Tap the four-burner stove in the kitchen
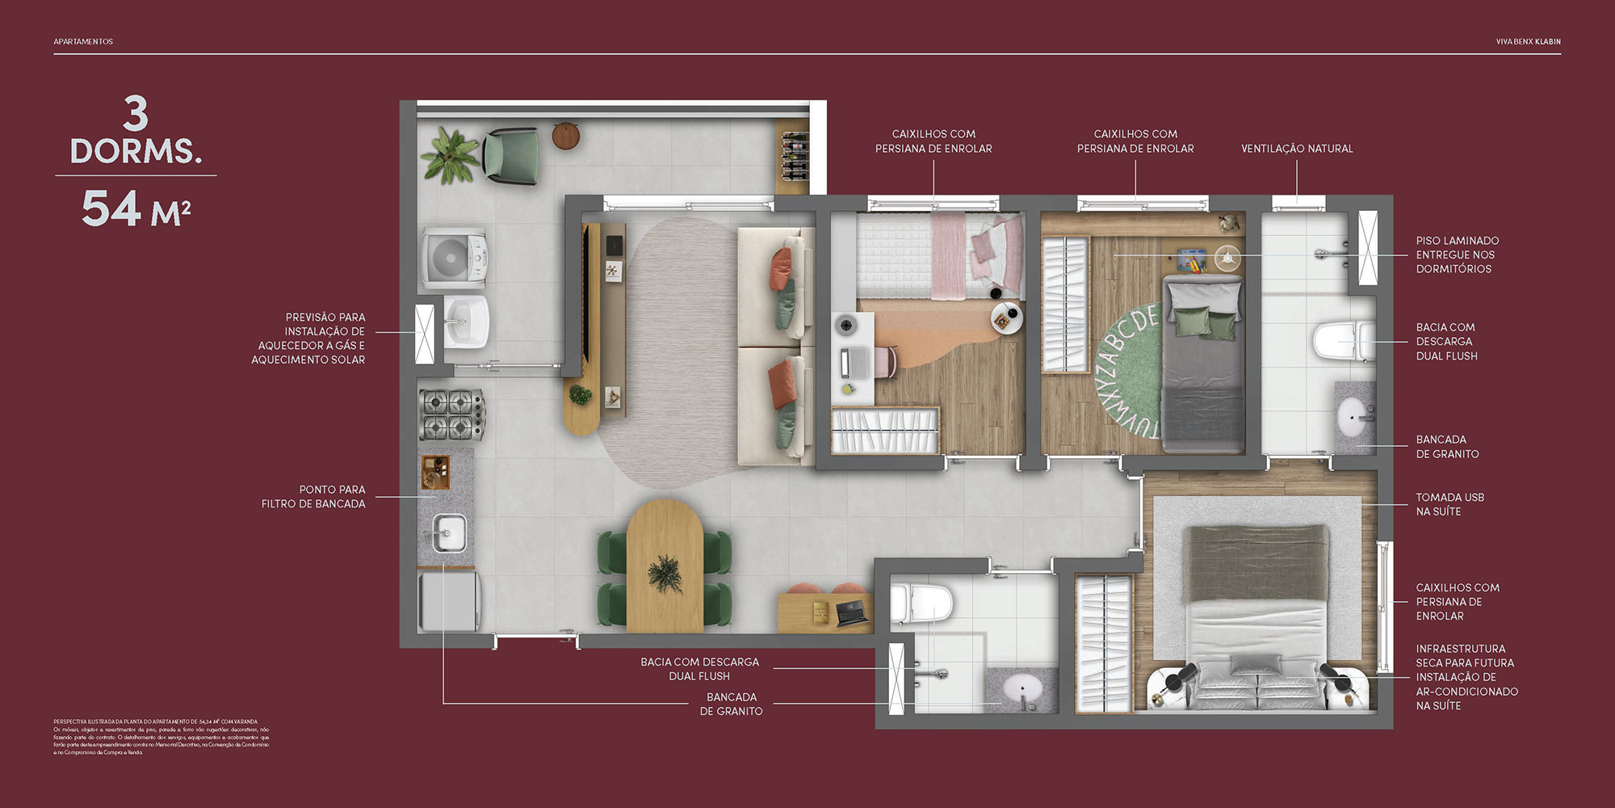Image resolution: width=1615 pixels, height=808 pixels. coord(451,415)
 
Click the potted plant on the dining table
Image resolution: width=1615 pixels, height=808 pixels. coord(665,573)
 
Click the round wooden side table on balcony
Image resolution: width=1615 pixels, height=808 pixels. coord(566,136)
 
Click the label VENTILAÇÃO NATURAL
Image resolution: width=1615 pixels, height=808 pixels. coord(1296,149)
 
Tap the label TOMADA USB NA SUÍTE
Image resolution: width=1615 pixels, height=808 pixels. coord(1449,504)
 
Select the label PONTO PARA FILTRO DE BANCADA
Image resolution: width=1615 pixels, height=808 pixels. coord(313,496)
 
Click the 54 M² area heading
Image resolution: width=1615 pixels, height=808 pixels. coord(136,209)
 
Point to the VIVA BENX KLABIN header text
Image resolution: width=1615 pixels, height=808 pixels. coord(1528,41)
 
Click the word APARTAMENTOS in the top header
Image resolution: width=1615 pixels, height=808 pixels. coord(83,41)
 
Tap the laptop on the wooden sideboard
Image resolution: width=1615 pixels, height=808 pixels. coord(851,613)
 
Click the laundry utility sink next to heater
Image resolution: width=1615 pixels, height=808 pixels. coord(466,322)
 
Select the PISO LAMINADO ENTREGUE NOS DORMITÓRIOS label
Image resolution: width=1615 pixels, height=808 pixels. coord(1456,255)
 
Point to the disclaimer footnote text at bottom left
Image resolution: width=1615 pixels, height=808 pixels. coord(161,737)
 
